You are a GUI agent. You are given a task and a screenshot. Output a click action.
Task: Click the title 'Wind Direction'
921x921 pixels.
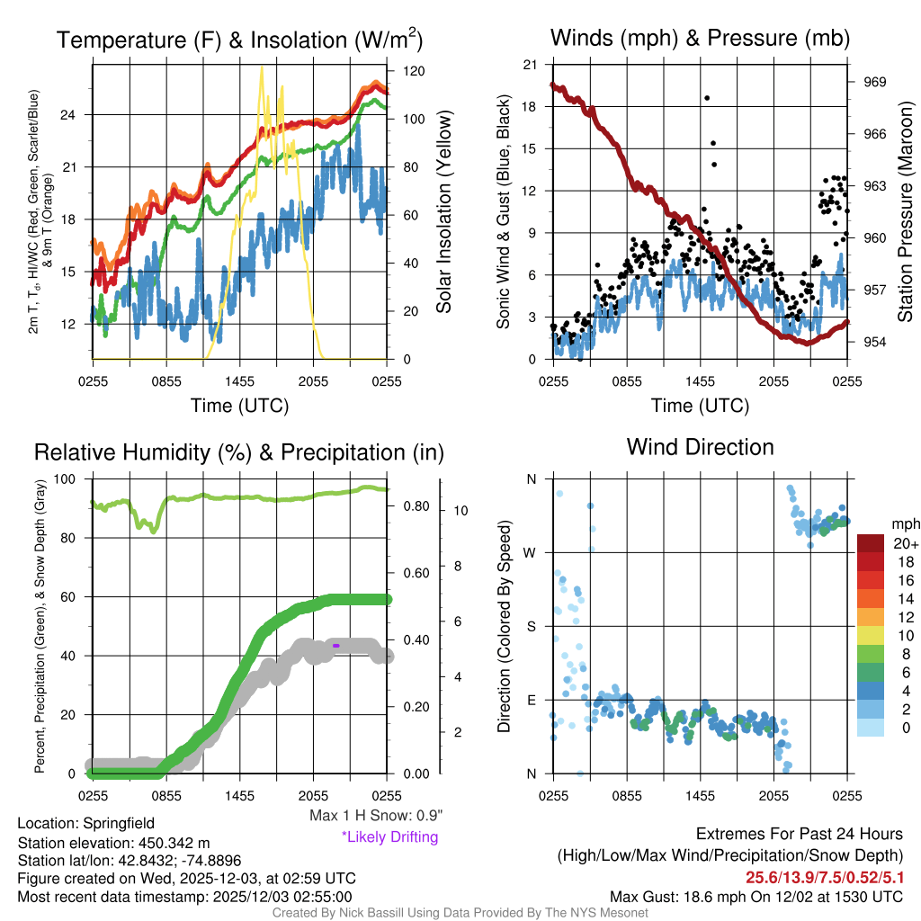pos(700,447)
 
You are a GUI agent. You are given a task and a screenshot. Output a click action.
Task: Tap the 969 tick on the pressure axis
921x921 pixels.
pos(874,82)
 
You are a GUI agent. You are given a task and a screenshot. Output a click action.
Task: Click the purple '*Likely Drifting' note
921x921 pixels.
pos(389,836)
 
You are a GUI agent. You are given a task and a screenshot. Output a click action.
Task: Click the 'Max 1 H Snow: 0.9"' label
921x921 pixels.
pos(375,816)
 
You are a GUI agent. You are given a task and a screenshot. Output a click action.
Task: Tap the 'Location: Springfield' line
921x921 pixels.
pos(86,823)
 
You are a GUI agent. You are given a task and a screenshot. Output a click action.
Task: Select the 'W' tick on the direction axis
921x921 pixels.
pos(532,552)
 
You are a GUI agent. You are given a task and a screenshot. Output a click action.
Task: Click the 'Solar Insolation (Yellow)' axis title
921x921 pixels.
pos(443,212)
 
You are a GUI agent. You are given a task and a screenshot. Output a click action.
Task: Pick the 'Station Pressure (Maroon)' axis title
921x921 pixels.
pos(905,212)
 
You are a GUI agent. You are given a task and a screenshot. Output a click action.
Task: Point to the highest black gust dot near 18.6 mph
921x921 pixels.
pos(707,98)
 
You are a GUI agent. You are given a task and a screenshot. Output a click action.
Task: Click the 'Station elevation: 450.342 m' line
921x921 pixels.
pos(113,843)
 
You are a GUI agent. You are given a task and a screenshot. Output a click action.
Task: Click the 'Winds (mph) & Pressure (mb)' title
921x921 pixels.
pos(700,38)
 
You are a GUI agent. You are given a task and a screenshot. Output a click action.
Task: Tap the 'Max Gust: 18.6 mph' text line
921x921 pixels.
pos(756,896)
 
